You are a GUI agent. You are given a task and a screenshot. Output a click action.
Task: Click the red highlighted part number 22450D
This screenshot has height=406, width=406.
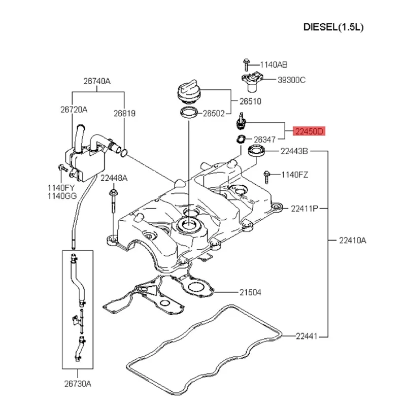pos(309,132)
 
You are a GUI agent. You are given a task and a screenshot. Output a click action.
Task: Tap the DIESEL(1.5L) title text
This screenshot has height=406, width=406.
pos(333,26)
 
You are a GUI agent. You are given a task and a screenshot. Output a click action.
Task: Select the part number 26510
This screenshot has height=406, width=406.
pos(250,101)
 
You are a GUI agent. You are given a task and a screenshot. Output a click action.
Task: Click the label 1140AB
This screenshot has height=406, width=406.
pos(274,64)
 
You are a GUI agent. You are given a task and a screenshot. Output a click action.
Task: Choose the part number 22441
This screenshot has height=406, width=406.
pos(307,335)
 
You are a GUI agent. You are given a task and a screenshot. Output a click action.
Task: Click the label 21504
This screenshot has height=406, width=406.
pos(250,292)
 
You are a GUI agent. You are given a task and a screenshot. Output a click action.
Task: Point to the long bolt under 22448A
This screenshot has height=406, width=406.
pos(112,205)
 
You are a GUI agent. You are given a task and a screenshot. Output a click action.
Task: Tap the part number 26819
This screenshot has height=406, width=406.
pos(124,114)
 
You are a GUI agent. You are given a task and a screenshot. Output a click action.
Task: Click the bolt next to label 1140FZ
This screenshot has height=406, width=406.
pos(266,176)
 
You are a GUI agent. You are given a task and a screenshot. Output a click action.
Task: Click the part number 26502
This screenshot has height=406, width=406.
pos(214,114)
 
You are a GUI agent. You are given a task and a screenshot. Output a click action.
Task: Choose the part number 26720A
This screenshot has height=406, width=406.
pos(74,109)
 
